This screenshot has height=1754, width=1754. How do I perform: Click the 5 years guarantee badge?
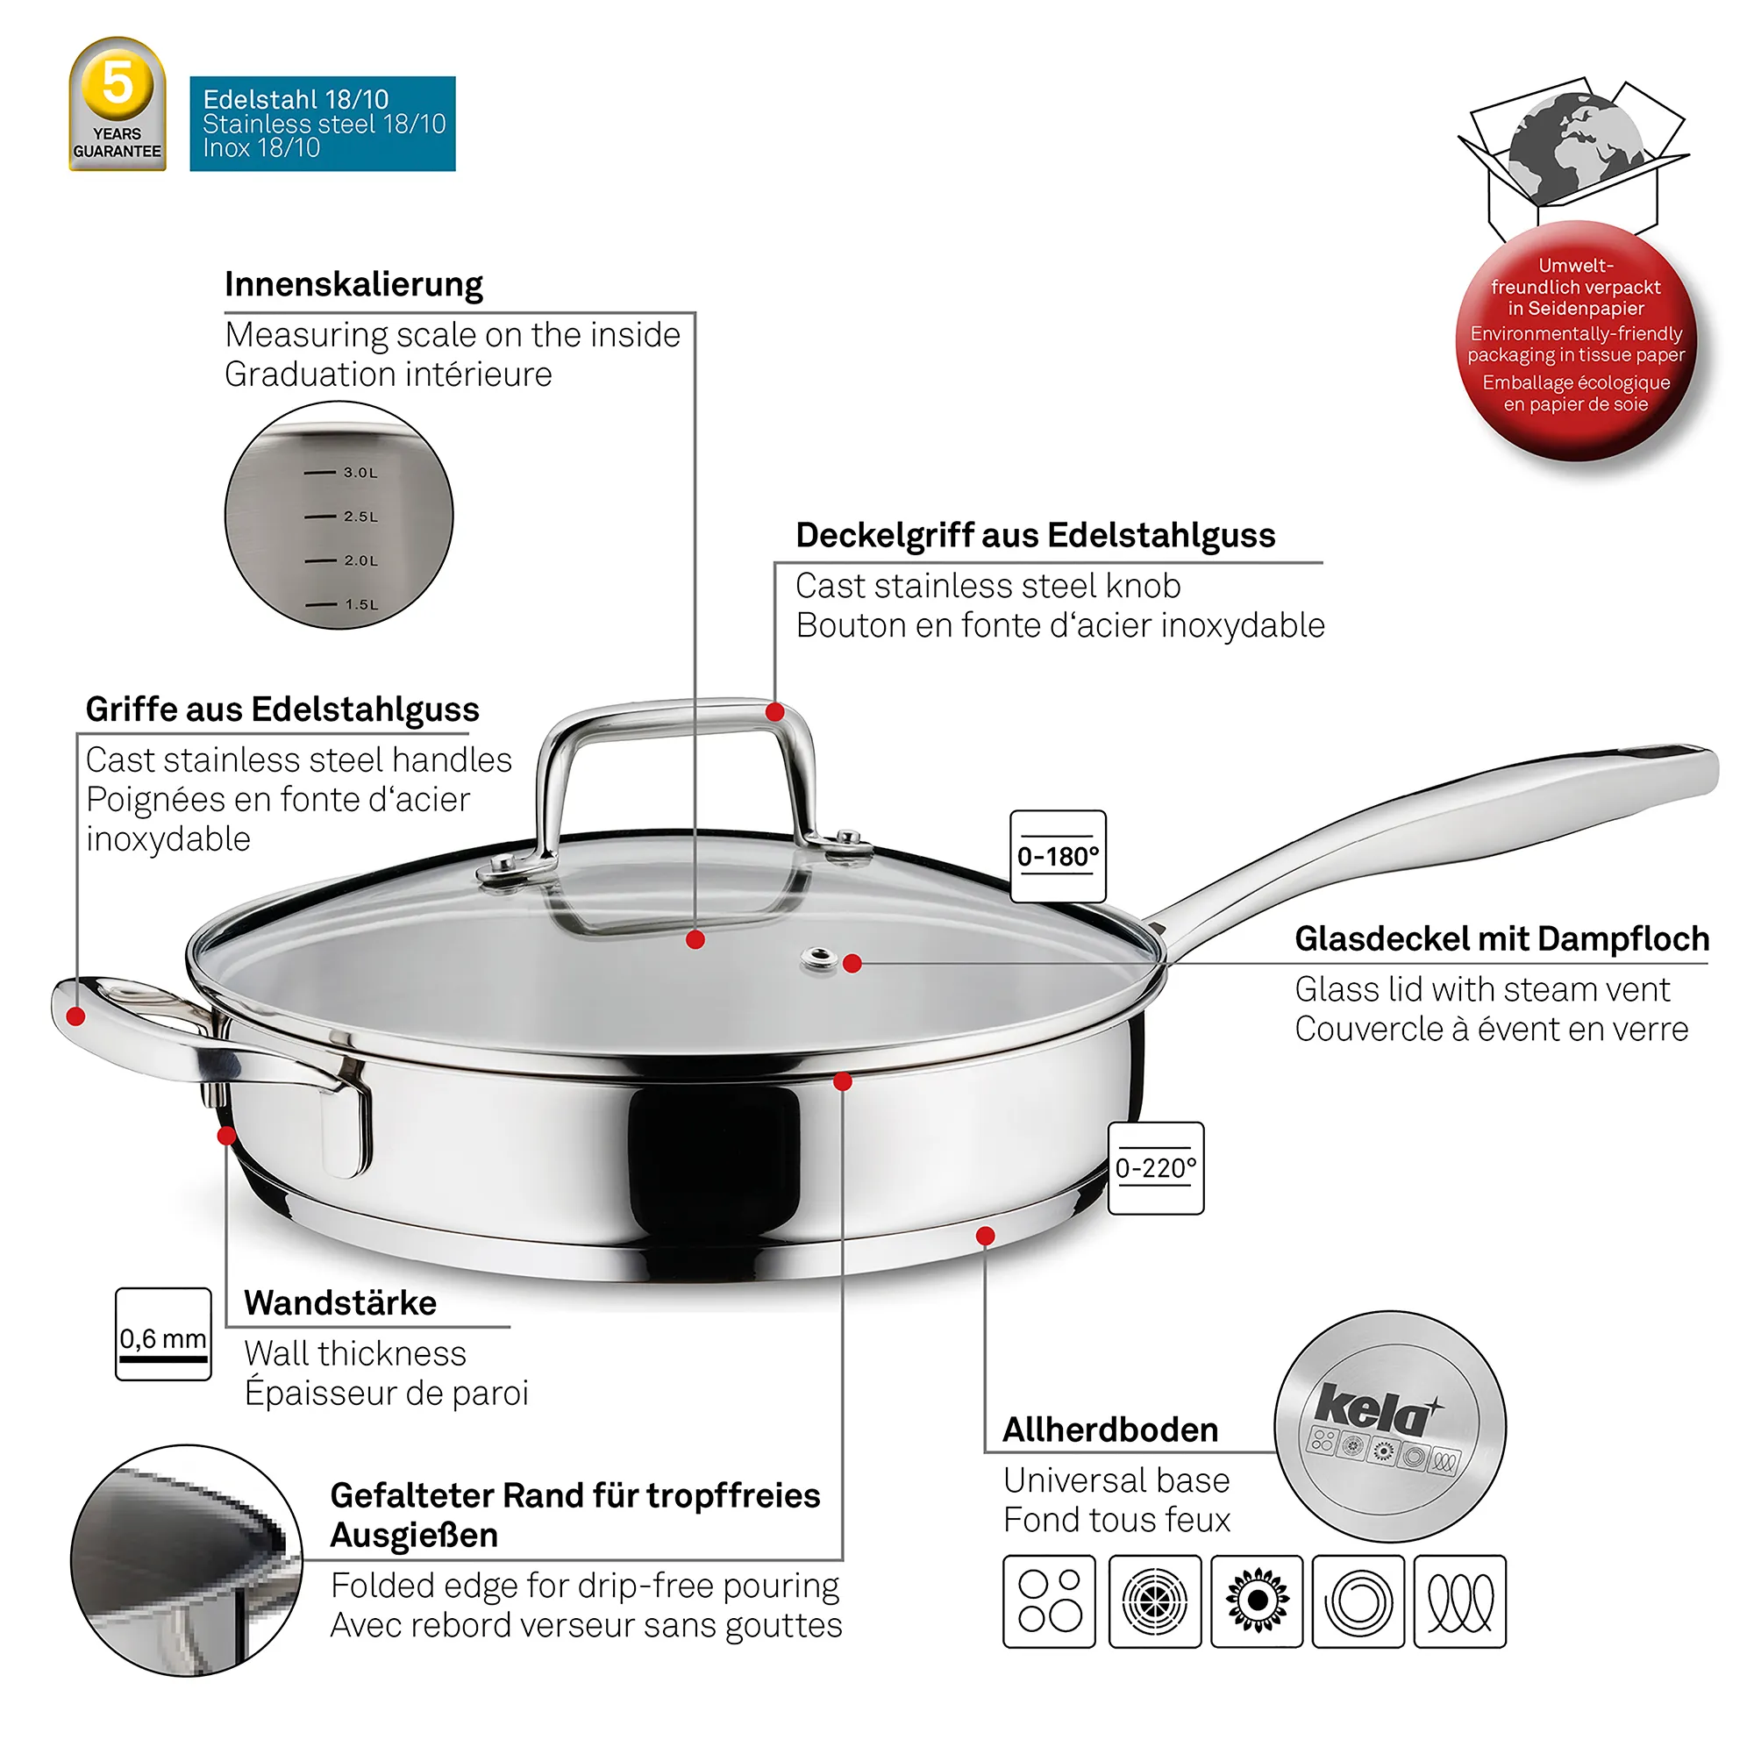(x=118, y=103)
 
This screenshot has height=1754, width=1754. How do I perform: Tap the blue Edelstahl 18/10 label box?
(x=322, y=124)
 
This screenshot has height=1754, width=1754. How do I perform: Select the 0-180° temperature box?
(x=1058, y=856)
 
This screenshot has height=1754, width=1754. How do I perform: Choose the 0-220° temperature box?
(x=1156, y=1167)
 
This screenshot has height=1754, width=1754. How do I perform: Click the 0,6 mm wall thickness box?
(x=163, y=1334)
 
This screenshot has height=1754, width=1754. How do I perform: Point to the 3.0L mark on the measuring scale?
(x=341, y=472)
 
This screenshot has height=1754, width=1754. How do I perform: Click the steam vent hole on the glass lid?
(x=821, y=956)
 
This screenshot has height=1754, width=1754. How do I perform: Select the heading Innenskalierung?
(x=353, y=284)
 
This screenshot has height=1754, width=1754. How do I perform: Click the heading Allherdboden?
(x=1110, y=1429)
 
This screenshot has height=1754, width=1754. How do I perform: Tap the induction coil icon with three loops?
(x=1460, y=1601)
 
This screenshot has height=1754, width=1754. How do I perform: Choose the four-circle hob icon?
(x=1050, y=1601)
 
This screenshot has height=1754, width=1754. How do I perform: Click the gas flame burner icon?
(x=1258, y=1601)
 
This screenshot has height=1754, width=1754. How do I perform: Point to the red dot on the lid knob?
(x=774, y=712)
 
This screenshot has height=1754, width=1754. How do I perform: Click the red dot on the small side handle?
(x=76, y=1016)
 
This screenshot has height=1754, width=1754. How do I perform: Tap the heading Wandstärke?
(x=340, y=1303)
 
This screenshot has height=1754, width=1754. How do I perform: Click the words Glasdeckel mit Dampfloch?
(x=1501, y=938)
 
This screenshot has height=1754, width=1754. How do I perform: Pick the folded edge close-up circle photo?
(x=187, y=1561)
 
